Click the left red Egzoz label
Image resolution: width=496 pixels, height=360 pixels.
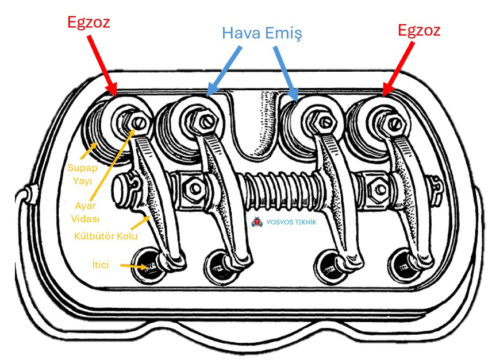pyautogui.click(x=87, y=23)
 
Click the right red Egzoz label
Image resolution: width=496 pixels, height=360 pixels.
pyautogui.click(x=419, y=30)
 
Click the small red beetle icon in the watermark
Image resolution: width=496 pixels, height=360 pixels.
pyautogui.click(x=256, y=221)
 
